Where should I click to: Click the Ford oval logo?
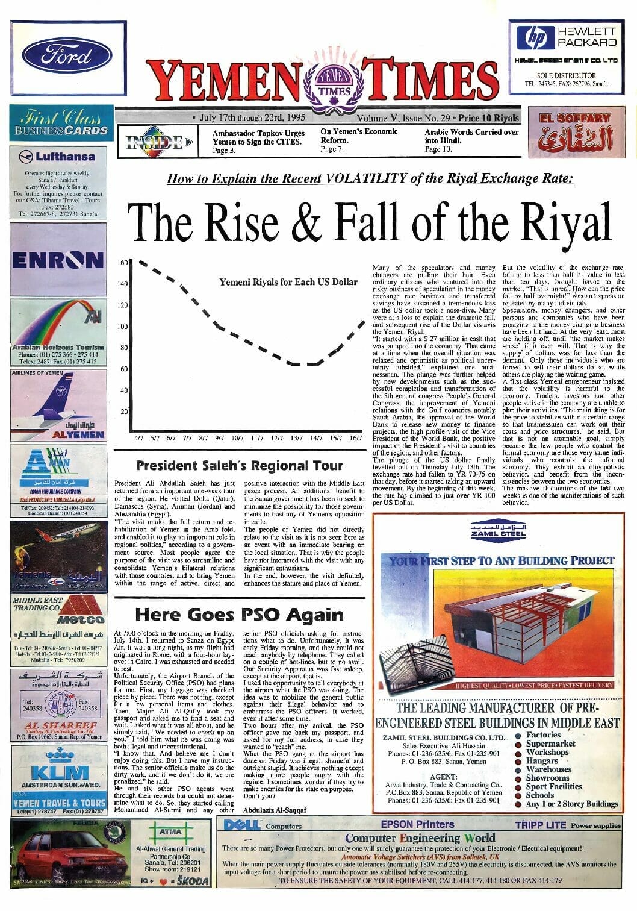tap(67, 56)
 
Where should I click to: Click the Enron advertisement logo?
tap(58, 260)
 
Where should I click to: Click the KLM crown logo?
tap(58, 756)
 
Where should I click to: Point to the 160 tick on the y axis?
tap(122, 263)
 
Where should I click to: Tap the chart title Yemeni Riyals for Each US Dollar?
tap(288, 281)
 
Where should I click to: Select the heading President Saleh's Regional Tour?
tap(239, 465)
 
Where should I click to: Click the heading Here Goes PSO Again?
tap(239, 614)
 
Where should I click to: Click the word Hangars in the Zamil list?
tap(541, 760)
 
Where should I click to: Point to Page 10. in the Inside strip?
tap(438, 149)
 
